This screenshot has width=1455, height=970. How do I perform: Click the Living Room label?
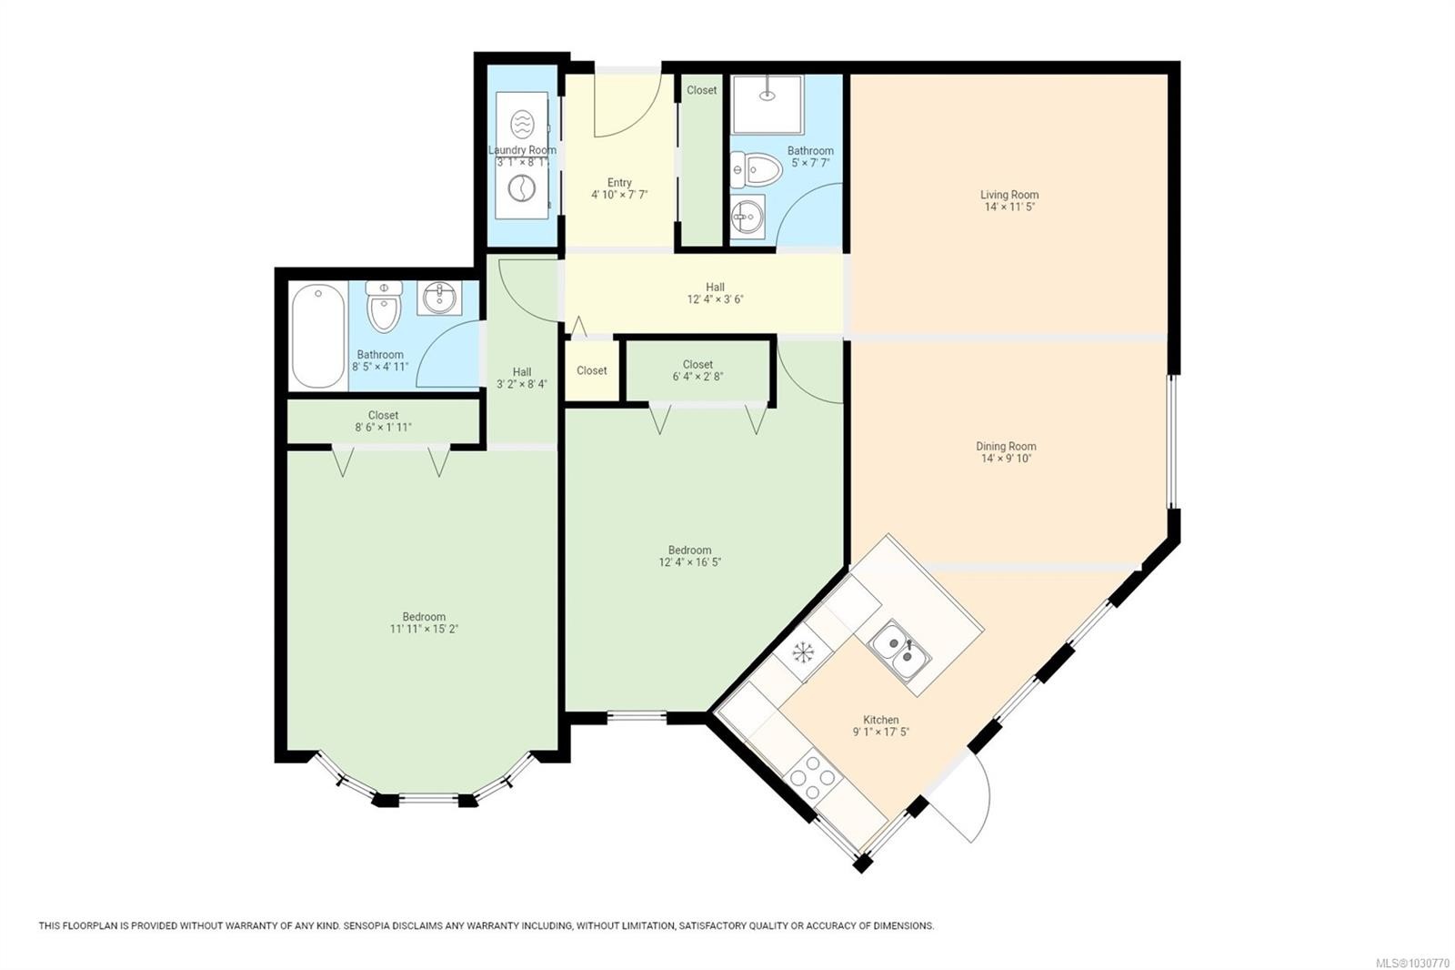1008,195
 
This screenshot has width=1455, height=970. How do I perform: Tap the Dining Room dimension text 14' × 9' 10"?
1006,459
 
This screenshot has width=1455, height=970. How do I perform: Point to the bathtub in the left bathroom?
318,336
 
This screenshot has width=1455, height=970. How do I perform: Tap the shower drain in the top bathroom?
768,96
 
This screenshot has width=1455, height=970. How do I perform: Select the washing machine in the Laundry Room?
521,188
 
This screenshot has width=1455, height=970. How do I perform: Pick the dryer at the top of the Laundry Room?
522,124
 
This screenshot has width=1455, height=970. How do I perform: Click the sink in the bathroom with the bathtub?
439,298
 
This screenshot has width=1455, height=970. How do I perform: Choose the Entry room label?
619,183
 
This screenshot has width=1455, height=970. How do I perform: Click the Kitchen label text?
881,720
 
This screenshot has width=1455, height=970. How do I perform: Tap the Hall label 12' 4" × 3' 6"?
715,299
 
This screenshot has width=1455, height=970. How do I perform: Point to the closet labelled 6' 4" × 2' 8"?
697,370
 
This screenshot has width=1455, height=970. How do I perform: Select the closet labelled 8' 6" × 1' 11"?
383,421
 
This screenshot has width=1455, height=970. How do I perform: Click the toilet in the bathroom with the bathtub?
384,306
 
